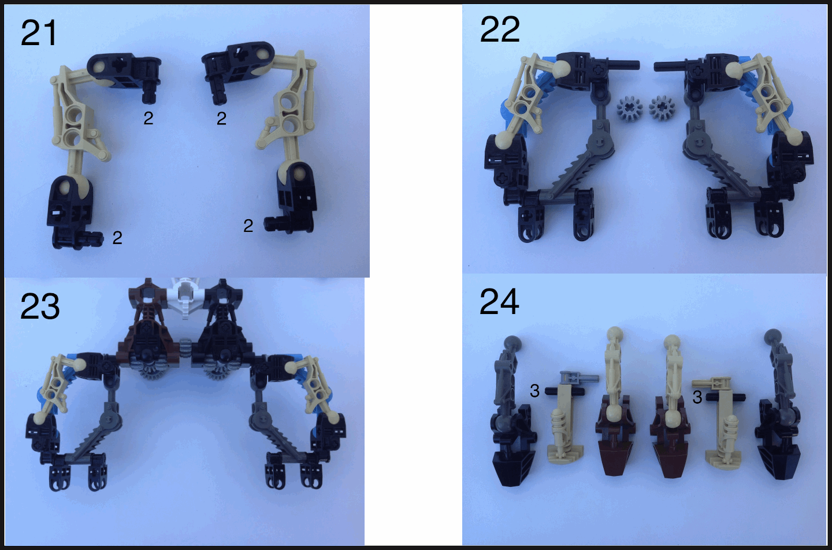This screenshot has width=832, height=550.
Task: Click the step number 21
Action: coord(38,34)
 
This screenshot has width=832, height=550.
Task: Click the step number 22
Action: coord(500,29)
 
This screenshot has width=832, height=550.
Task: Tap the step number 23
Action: coord(40,307)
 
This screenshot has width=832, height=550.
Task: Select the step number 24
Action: coord(499,301)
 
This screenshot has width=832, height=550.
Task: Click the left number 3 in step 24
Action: coord(534,391)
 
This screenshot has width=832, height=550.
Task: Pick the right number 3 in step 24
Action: coord(697,397)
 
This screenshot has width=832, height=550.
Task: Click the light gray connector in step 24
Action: coord(579,378)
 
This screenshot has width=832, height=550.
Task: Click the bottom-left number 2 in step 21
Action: coord(117,238)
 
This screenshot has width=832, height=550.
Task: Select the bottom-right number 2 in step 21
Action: coord(248,226)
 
